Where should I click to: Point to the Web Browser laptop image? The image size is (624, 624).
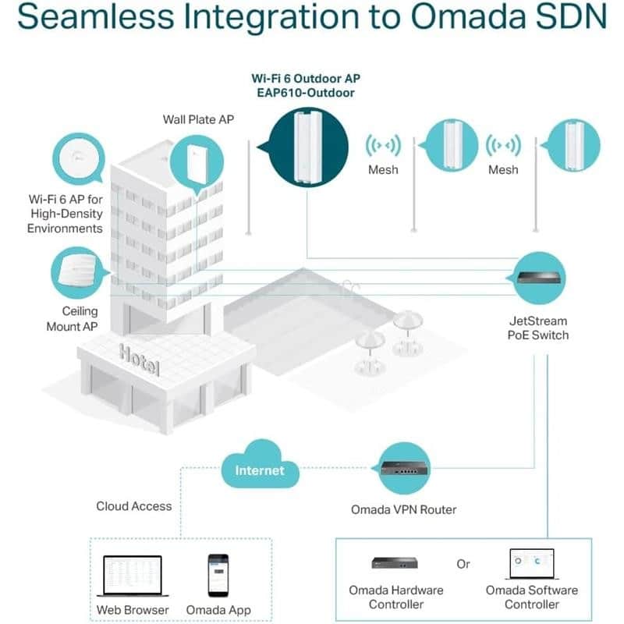pos(132,576)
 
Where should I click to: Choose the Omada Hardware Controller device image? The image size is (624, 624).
pos(395,563)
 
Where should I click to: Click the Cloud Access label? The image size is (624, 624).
pos(133,506)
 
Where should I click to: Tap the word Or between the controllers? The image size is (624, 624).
pos(463,563)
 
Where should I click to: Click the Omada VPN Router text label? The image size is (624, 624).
pos(403,509)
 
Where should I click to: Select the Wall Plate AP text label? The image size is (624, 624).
pos(198,119)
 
